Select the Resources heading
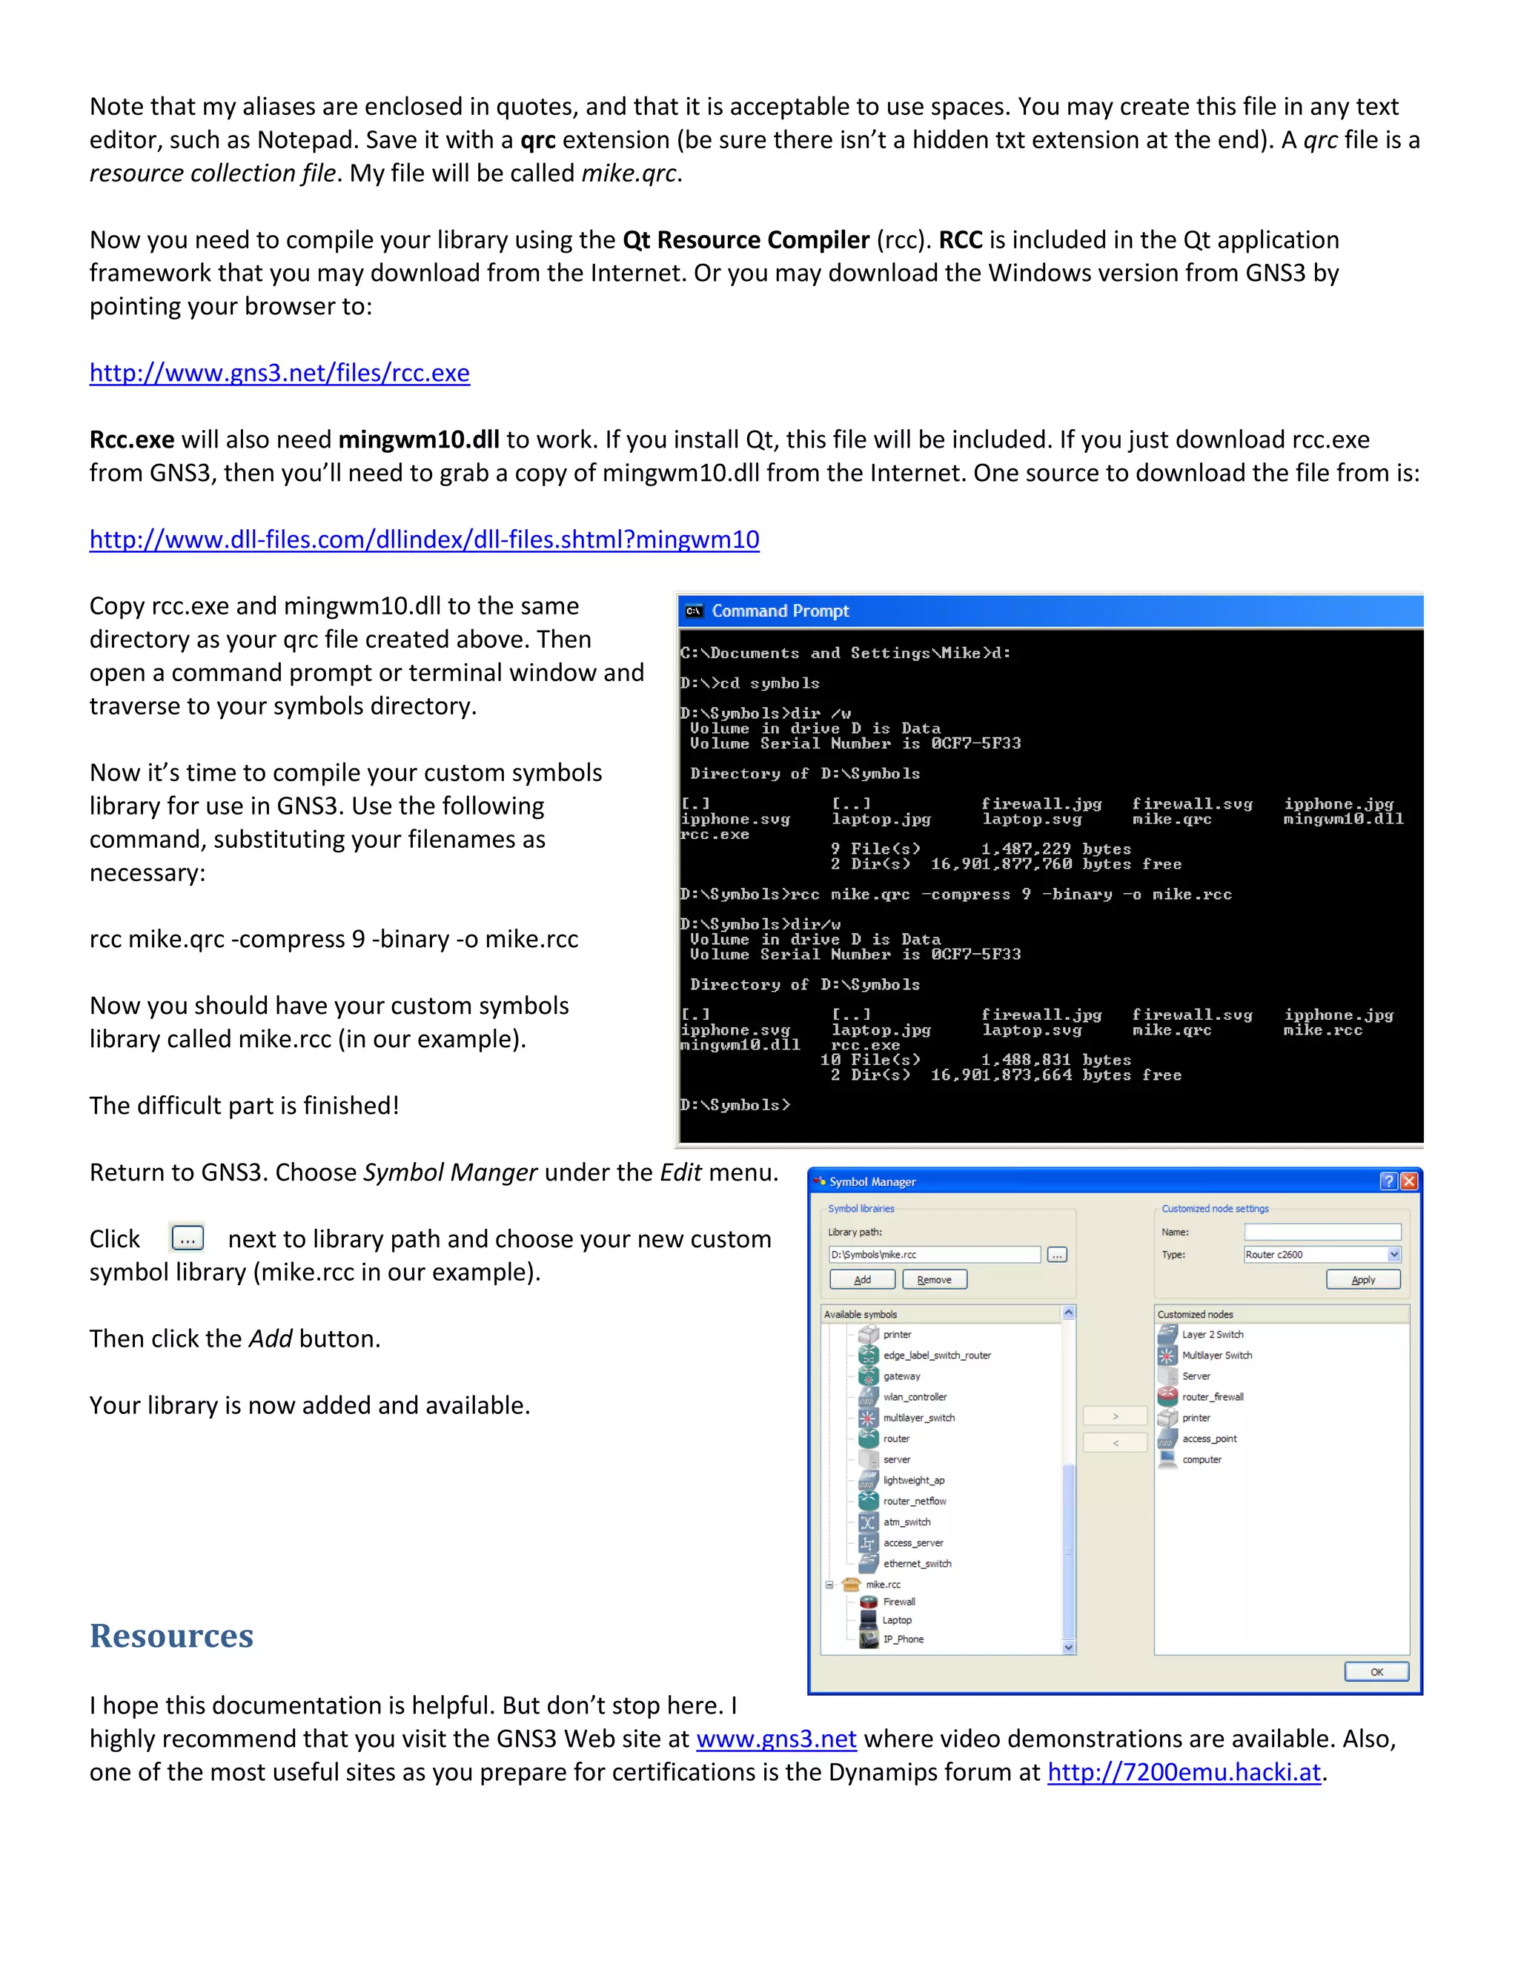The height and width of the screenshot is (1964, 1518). pyautogui.click(x=171, y=1636)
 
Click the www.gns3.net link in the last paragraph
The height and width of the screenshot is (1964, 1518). pyautogui.click(x=775, y=1739)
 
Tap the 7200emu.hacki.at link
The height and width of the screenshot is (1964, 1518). pyautogui.click(x=1184, y=1773)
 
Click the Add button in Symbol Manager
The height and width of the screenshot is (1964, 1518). pyautogui.click(x=861, y=1280)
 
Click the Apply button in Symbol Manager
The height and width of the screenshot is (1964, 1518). pyautogui.click(x=1362, y=1280)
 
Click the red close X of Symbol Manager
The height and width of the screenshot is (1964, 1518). pyautogui.click(x=1408, y=1181)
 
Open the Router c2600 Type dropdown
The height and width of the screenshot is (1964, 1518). pyautogui.click(x=1393, y=1255)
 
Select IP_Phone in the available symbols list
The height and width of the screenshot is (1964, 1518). pyautogui.click(x=903, y=1639)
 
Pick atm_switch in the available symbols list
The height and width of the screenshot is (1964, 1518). pyautogui.click(x=907, y=1522)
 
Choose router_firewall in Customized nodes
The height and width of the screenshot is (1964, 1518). pyautogui.click(x=1212, y=1396)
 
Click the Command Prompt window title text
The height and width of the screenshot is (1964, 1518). pyautogui.click(x=780, y=611)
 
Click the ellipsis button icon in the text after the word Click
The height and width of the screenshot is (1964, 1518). pyautogui.click(x=187, y=1238)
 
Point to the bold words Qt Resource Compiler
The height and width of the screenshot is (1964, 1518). pyautogui.click(x=746, y=240)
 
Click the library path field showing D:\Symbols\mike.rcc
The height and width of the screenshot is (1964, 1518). pyautogui.click(x=932, y=1255)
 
